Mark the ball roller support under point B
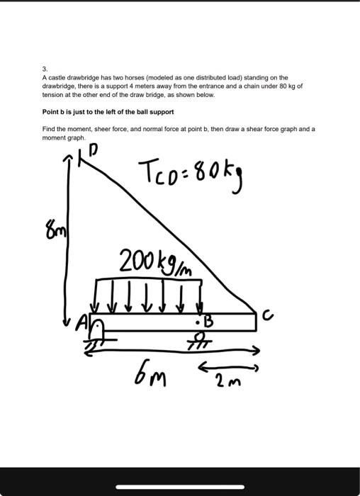tap(202, 337)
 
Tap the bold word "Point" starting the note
tap(51, 112)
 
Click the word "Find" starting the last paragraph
tap(49, 130)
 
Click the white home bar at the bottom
tap(180, 487)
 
